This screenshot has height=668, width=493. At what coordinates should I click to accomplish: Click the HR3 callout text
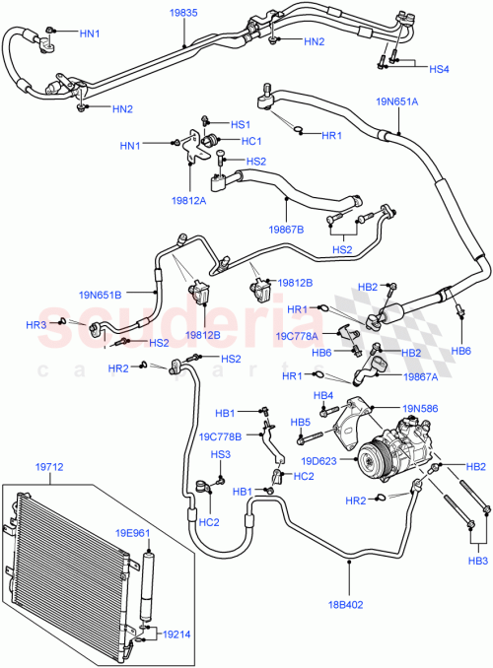coord(36,324)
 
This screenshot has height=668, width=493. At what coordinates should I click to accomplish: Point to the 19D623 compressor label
coord(319,459)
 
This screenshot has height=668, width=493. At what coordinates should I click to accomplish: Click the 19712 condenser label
coord(50,470)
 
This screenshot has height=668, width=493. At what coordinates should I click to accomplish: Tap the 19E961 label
coord(134,533)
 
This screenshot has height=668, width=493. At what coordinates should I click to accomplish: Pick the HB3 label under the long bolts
coord(478,561)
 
